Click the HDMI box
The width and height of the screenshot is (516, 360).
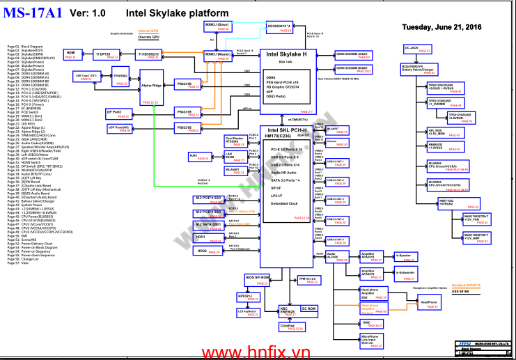tap(72, 54)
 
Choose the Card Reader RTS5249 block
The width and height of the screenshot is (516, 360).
tap(235, 140)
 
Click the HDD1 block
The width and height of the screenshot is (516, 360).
tap(209, 237)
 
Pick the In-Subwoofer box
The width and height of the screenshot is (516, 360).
tap(405, 274)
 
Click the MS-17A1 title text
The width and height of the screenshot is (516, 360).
tap(33, 14)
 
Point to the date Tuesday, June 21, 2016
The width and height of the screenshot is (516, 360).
tap(442, 27)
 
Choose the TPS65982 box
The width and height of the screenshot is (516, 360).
tap(120, 78)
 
